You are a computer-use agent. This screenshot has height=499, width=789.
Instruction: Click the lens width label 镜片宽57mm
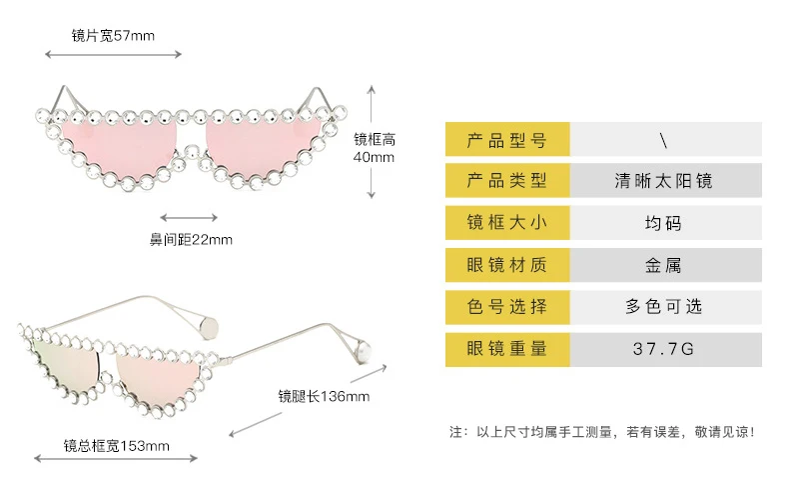113,36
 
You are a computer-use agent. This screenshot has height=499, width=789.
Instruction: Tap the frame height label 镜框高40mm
374,148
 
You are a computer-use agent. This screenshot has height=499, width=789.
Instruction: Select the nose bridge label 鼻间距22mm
191,239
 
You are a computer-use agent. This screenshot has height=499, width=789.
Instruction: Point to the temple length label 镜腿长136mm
324,396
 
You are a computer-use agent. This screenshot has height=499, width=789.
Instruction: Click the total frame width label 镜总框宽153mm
116,446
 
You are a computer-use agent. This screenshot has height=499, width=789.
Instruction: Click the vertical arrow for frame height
372,142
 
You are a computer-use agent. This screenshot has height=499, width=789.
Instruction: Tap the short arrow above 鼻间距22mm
189,218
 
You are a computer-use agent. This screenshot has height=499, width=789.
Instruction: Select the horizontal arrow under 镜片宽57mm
113,54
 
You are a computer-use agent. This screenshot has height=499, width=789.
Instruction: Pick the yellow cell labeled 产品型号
507,139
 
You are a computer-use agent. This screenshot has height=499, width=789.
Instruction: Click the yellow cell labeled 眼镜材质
507,265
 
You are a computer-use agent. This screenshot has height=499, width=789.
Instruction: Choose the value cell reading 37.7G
666,349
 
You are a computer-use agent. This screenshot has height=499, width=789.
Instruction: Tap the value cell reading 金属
666,265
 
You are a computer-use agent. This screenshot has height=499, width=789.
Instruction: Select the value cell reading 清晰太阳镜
666,180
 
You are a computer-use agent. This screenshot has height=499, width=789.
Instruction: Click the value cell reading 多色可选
666,306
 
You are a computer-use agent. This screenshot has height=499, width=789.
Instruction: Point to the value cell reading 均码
666,222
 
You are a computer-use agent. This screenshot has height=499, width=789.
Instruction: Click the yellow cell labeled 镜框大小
507,222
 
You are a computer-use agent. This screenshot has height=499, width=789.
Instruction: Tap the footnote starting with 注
602,432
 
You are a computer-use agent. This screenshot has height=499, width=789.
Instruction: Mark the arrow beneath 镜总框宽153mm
116,458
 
